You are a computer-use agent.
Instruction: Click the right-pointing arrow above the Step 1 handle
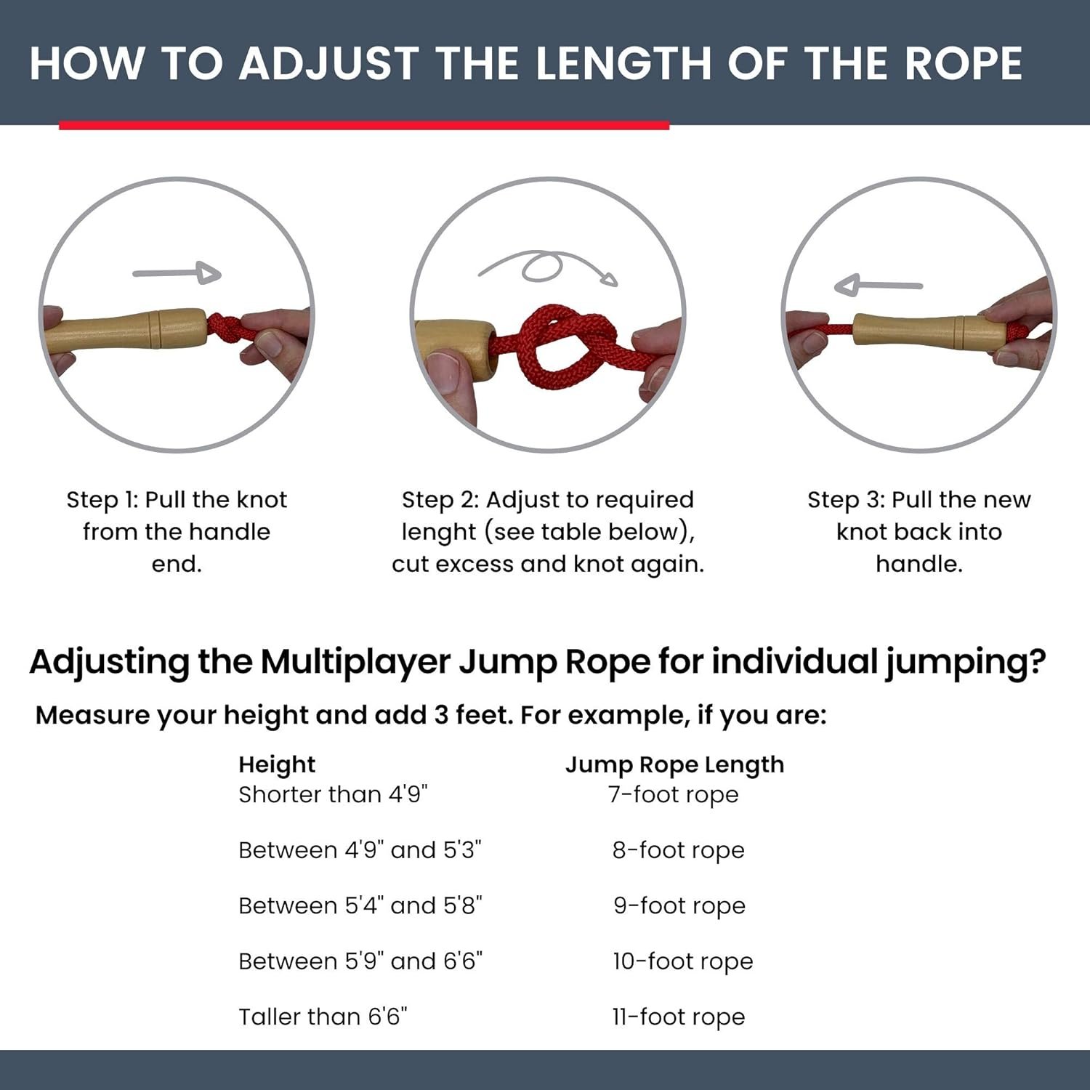tap(177, 273)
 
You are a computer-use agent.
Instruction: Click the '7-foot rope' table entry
tap(674, 794)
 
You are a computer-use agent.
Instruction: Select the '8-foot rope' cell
tap(678, 850)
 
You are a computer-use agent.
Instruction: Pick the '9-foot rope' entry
tap(679, 906)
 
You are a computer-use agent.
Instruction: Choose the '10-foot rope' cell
tap(683, 961)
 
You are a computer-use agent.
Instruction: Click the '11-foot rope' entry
tap(679, 1017)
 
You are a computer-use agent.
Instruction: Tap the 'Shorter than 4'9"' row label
tap(333, 794)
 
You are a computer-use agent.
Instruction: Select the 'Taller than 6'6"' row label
tap(323, 1017)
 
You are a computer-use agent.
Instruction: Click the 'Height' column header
tap(277, 764)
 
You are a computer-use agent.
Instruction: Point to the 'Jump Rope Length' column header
tap(675, 764)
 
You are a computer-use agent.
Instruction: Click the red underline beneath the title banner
tap(364, 125)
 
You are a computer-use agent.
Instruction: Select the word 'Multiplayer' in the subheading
tap(355, 662)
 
